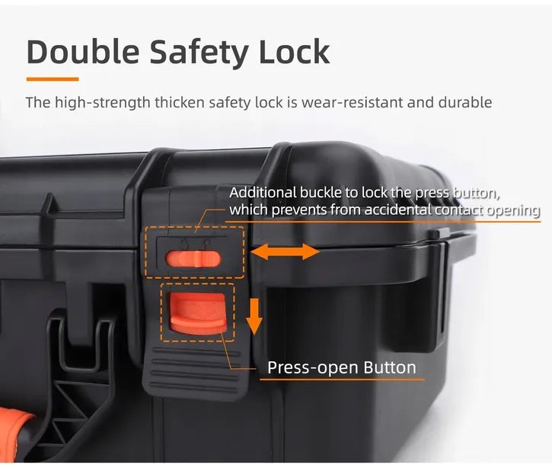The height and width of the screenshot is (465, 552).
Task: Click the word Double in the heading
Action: click(83, 52)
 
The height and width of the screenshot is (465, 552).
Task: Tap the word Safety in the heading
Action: click(199, 53)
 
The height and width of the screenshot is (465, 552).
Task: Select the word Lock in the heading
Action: click(295, 52)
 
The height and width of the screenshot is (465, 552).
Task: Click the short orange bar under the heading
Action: click(53, 79)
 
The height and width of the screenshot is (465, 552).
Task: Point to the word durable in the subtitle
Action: click(465, 103)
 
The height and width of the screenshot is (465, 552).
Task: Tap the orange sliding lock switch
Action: click(193, 258)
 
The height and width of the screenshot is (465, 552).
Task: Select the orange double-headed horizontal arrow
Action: click(285, 252)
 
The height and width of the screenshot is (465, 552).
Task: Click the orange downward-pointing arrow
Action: click(254, 316)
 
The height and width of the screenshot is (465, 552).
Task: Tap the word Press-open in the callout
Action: click(313, 367)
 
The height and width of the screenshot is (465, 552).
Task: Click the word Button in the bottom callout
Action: click(390, 367)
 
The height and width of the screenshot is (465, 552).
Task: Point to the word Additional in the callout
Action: click(263, 193)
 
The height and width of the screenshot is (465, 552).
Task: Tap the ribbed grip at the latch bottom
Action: click(196, 370)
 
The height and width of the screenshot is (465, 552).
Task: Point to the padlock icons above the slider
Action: click(196, 243)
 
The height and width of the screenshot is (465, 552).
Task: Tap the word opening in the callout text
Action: click(513, 211)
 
